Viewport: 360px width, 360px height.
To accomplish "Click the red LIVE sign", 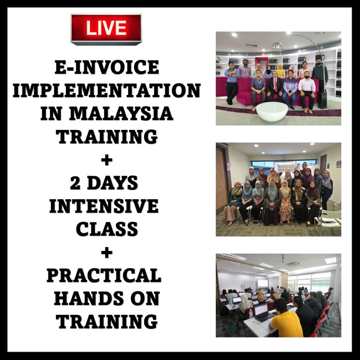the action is pyautogui.click(x=106, y=29).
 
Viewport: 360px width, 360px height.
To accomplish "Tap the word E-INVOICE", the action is pyautogui.click(x=107, y=67).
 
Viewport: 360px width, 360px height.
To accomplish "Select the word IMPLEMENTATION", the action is pyautogui.click(x=107, y=90).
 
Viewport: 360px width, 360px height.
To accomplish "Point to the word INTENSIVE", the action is pyautogui.click(x=104, y=206).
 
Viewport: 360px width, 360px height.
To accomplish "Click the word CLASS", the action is pyautogui.click(x=107, y=229).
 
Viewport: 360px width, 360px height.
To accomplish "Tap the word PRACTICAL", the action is pyautogui.click(x=104, y=276).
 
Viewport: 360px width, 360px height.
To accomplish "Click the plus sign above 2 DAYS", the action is pyautogui.click(x=107, y=160).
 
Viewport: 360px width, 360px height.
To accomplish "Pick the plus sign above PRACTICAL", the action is pyautogui.click(x=107, y=253).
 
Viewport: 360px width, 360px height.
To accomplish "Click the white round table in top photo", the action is pyautogui.click(x=272, y=111).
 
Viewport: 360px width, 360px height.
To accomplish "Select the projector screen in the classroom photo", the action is pyautogui.click(x=262, y=283).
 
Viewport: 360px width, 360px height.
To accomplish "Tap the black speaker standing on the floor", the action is pyautogui.click(x=322, y=100).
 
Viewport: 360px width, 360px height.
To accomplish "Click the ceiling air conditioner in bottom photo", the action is pyautogui.click(x=293, y=264).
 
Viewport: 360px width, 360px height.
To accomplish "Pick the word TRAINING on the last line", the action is pyautogui.click(x=107, y=322).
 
